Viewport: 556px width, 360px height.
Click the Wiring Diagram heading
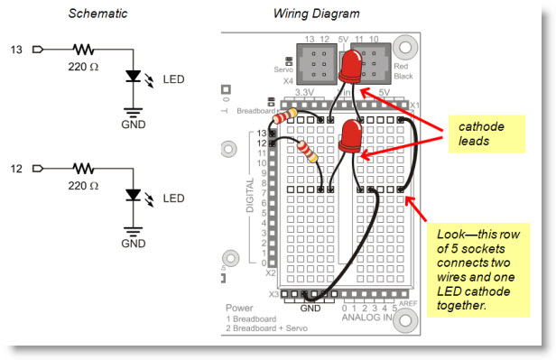pos(317,14)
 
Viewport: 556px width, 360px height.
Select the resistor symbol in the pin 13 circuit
pos(84,50)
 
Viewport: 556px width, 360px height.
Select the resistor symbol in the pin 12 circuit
pos(84,168)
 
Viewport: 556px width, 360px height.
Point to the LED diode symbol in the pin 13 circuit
pos(134,79)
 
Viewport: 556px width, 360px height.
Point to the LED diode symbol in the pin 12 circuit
pos(134,196)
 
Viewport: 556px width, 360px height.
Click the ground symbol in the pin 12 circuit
pos(134,229)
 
